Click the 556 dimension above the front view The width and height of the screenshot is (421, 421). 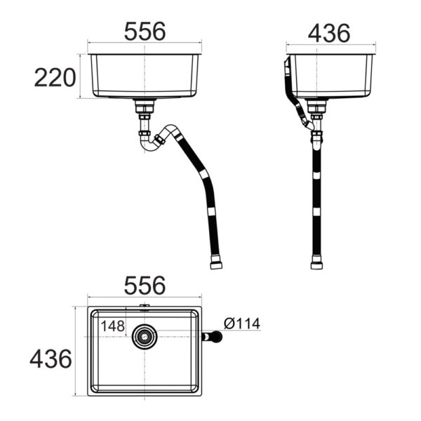click(145, 32)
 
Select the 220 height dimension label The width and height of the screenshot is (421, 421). click(55, 77)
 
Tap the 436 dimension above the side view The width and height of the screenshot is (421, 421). click(329, 33)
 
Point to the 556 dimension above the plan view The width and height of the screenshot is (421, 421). click(145, 286)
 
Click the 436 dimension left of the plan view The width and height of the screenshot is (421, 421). click(51, 359)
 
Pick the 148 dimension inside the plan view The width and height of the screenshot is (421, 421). click(112, 326)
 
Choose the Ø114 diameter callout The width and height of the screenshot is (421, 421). click(242, 323)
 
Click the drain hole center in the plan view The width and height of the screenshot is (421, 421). click(145, 337)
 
